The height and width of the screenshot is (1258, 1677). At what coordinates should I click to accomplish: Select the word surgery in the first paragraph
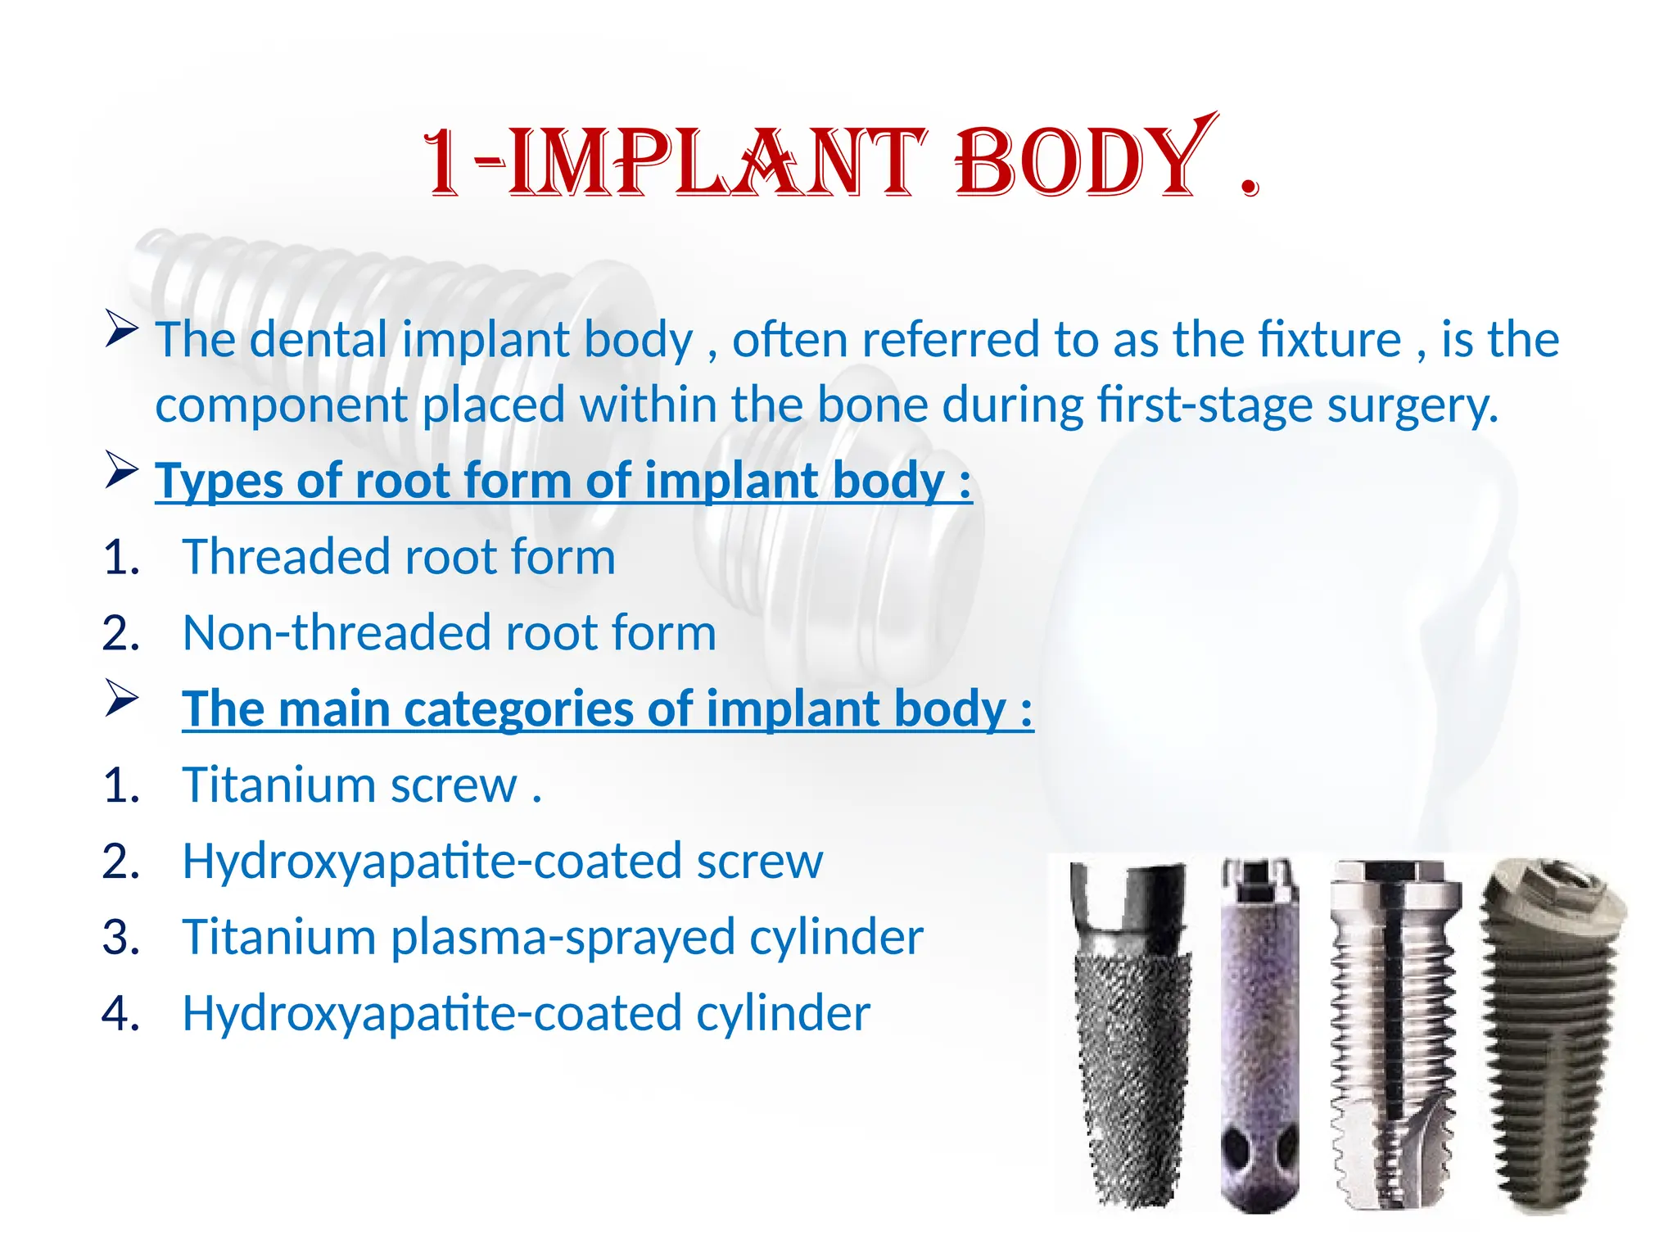[1413, 405]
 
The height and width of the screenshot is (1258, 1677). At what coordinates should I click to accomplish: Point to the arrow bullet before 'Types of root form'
[121, 472]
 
